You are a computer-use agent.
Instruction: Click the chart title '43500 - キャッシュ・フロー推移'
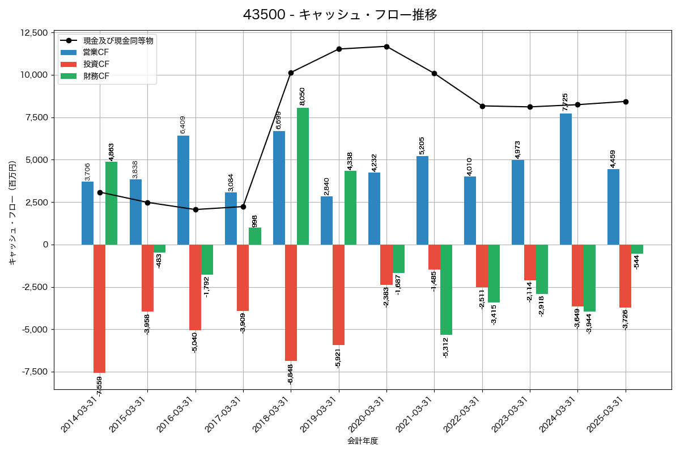[x=340, y=15]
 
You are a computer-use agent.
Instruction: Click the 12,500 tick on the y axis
[x=35, y=33]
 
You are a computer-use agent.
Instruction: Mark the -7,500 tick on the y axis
[x=35, y=372]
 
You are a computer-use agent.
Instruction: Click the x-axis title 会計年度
[x=363, y=441]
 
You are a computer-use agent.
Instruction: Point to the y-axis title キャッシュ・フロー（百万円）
[x=12, y=211]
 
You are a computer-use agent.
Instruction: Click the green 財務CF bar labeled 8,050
[x=303, y=176]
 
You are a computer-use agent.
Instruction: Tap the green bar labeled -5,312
[x=446, y=289]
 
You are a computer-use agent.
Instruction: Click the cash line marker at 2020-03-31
[x=386, y=47]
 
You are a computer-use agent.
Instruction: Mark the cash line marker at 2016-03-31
[x=195, y=209]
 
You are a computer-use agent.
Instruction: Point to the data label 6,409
[x=182, y=124]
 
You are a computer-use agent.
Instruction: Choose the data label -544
[x=636, y=262]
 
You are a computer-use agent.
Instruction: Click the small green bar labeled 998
[x=255, y=236]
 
